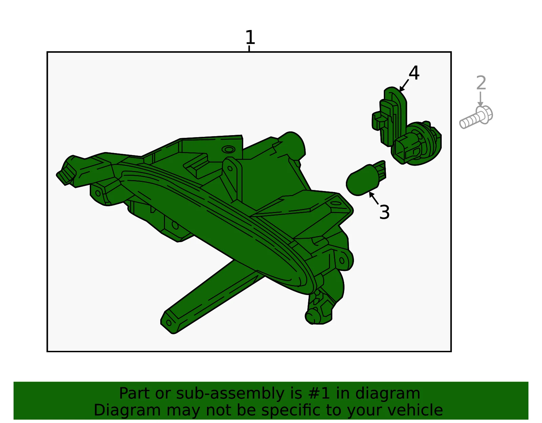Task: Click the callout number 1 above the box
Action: click(x=250, y=37)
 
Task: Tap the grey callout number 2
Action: click(x=481, y=83)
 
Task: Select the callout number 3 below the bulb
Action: click(x=384, y=212)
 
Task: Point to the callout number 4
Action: click(x=414, y=73)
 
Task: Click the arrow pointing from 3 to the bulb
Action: click(x=374, y=198)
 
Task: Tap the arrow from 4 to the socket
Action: click(x=404, y=85)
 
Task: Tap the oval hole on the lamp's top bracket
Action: click(x=228, y=150)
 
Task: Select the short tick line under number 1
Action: click(x=249, y=49)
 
